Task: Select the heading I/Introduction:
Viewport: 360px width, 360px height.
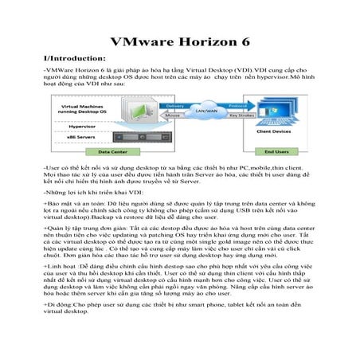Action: [x=75, y=58]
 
